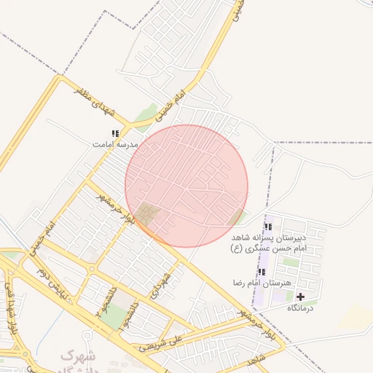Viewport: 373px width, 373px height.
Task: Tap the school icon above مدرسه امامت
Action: (x=114, y=133)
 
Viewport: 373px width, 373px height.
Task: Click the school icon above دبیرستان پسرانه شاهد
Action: (x=268, y=227)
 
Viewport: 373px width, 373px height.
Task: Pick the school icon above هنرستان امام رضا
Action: (x=262, y=272)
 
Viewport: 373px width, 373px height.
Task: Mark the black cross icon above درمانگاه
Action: (x=300, y=297)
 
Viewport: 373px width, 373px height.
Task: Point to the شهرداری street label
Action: (x=160, y=286)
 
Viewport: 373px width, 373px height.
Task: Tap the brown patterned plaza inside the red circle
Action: (x=149, y=215)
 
